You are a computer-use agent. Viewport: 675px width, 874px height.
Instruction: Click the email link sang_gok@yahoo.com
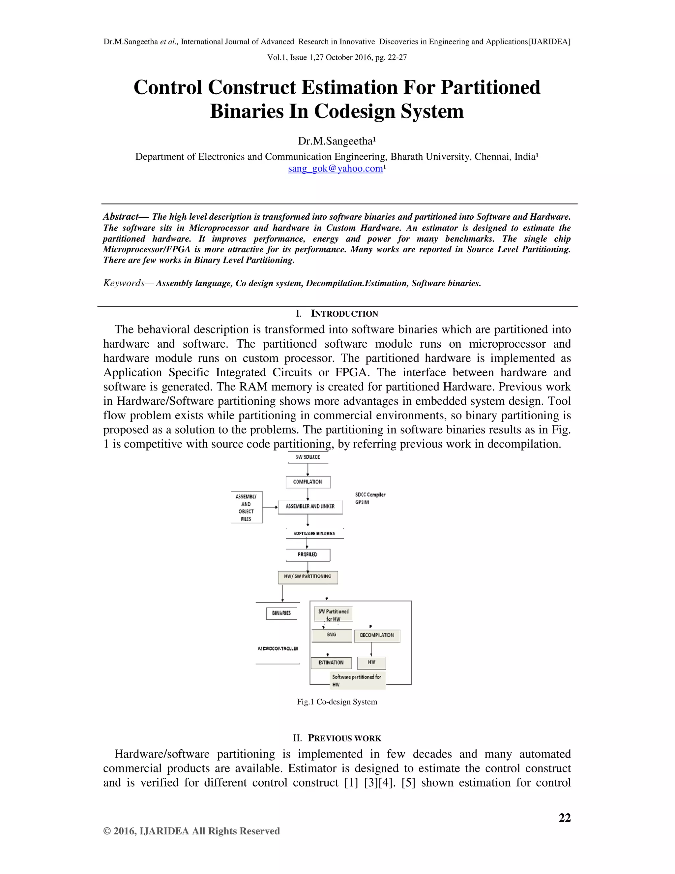pos(335,169)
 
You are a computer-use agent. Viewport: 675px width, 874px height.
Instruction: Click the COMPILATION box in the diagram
pos(308,482)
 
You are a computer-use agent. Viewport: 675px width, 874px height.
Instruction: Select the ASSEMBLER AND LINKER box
pos(310,506)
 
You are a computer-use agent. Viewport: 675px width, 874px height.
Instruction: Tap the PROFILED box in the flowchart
pos(308,555)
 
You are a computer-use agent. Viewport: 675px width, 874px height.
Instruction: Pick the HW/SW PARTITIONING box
pos(308,577)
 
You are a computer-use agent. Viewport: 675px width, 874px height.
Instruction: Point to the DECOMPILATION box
pos(377,635)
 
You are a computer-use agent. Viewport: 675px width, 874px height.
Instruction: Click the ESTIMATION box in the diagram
pos(331,663)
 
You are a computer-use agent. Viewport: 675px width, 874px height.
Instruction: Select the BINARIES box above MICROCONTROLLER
pos(281,613)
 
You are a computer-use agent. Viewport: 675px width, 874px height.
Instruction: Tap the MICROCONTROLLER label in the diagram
pos(278,649)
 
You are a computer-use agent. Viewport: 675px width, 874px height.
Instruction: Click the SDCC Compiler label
pos(370,495)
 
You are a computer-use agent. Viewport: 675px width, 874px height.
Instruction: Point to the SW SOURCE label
pos(308,457)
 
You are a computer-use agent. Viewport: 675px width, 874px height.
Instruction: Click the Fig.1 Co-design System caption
pos(337,702)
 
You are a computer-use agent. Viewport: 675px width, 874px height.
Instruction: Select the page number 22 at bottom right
pos(564,818)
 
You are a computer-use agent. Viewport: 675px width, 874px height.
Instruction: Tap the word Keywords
pos(124,283)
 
